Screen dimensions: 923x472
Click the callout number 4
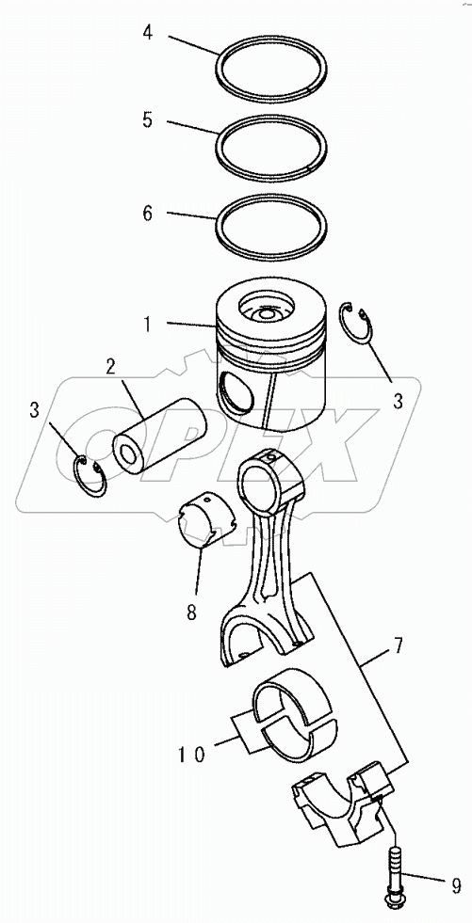[x=147, y=34]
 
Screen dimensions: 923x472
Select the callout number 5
[x=147, y=120]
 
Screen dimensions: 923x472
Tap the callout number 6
[x=147, y=213]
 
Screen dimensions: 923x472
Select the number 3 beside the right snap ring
[x=399, y=401]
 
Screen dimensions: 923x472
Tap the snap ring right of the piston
[x=357, y=326]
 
